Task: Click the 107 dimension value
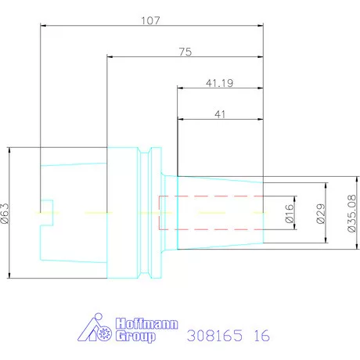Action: (150, 20)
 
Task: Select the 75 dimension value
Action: (185, 52)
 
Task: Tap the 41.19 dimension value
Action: (219, 83)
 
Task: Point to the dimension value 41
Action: (220, 114)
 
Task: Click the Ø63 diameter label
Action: (5, 214)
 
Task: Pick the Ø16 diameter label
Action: (290, 214)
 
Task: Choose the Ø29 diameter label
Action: (321, 214)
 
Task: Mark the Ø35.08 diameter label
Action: (352, 214)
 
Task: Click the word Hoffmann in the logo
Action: (147, 324)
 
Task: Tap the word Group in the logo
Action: (135, 337)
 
